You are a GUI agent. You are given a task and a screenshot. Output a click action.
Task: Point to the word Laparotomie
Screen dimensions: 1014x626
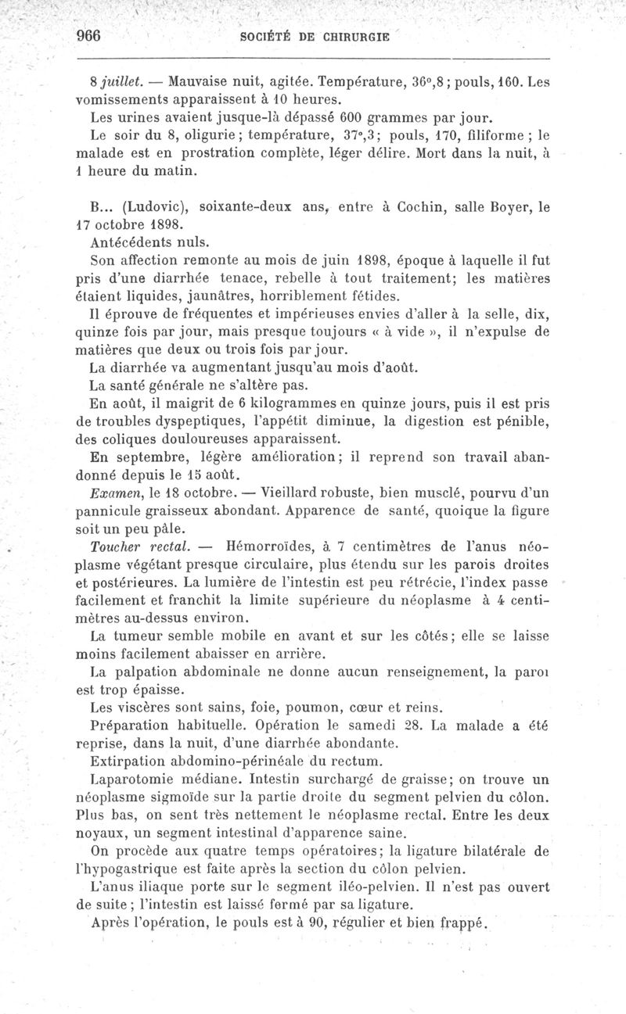pyautogui.click(x=135, y=779)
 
